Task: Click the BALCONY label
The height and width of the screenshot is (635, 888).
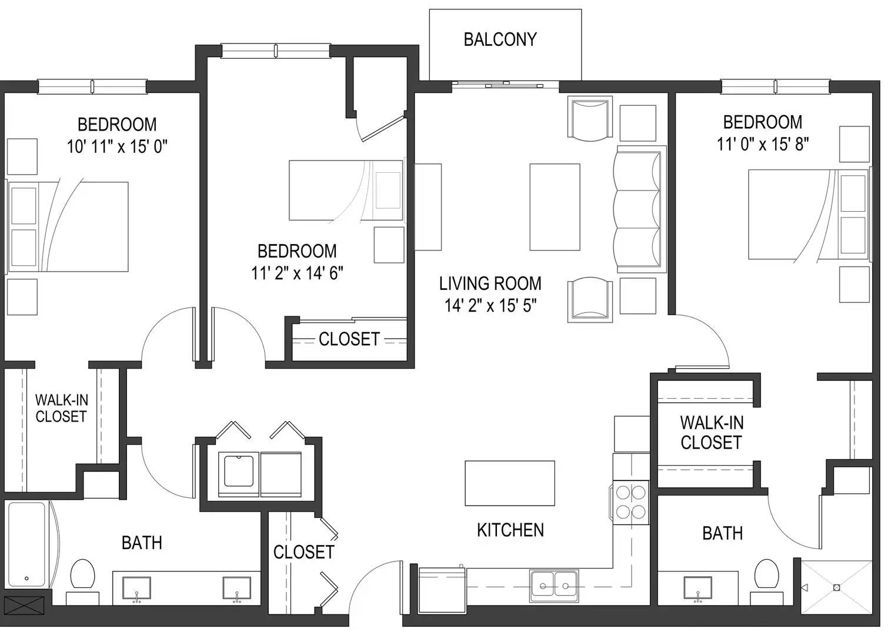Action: (500, 39)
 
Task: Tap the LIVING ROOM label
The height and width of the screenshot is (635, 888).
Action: (490, 283)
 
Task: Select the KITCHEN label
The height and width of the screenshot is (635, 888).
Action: (510, 530)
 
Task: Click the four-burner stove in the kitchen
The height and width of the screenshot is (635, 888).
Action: (631, 503)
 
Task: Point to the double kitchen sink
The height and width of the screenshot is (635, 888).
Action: (554, 586)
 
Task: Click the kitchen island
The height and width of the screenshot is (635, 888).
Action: (509, 483)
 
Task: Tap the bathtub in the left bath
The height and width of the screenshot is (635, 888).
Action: (27, 544)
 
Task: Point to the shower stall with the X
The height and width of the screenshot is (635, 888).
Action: (836, 587)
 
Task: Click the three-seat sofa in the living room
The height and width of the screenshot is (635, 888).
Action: (640, 209)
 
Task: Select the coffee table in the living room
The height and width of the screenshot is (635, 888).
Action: (555, 207)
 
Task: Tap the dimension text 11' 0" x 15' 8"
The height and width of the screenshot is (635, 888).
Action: (763, 144)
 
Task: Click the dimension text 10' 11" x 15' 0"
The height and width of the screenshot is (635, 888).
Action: (117, 146)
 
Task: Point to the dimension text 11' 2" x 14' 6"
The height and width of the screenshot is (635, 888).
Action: (297, 273)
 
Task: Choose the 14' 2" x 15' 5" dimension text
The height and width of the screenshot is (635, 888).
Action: (490, 306)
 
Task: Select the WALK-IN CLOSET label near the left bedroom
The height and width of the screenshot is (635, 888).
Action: (61, 408)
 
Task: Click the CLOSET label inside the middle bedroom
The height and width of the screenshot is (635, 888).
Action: (349, 339)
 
